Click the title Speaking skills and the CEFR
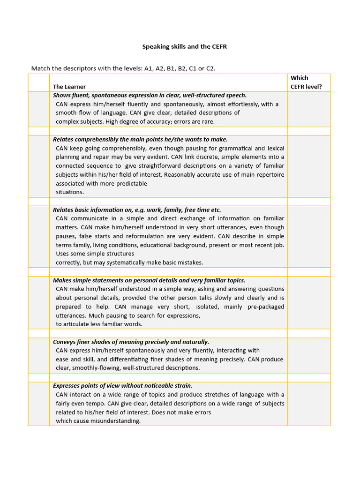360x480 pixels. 185,47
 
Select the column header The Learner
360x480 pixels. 69,87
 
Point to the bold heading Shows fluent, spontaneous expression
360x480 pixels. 150,95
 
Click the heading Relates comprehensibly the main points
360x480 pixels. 140,139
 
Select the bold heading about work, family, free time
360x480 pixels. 137,210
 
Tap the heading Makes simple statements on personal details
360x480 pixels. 149,280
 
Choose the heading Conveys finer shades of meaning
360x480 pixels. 131,342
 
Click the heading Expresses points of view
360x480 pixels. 122,385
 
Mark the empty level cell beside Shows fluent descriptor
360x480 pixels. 308,109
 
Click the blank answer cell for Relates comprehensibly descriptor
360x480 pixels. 308,166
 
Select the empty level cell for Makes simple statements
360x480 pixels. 308,302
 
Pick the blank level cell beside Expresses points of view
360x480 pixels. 308,404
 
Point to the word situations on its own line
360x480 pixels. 70,192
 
